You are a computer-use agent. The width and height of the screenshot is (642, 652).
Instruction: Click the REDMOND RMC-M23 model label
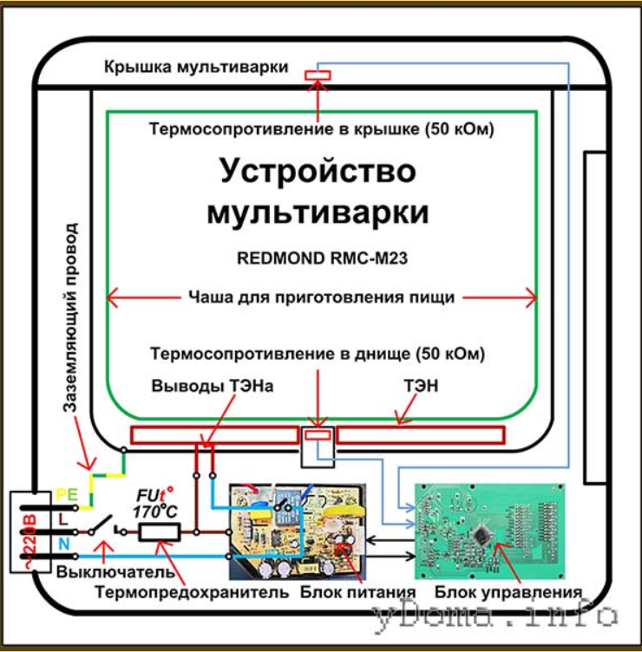(322, 258)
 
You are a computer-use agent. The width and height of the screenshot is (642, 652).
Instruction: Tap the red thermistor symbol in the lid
(318, 75)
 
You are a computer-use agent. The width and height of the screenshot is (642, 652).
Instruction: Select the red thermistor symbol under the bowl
(318, 435)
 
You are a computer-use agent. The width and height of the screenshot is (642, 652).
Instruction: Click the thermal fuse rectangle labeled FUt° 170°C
(160, 532)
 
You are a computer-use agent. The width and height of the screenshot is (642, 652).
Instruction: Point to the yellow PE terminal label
(67, 495)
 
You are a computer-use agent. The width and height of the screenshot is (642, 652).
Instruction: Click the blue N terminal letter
(63, 544)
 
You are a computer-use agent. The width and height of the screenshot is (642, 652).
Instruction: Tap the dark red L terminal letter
(62, 519)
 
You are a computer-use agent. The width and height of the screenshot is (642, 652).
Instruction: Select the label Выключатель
(115, 572)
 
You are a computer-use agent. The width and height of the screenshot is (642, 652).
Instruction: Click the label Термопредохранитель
(192, 592)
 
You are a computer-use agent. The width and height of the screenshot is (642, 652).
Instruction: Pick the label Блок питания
(357, 592)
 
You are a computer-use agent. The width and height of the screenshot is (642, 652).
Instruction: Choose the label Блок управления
(508, 592)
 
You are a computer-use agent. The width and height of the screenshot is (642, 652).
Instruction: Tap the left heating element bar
(214, 435)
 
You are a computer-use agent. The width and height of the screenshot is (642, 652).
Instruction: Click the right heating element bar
(421, 435)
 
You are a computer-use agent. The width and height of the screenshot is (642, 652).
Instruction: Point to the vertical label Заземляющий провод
(70, 317)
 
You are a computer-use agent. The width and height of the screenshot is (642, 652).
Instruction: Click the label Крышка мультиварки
(196, 67)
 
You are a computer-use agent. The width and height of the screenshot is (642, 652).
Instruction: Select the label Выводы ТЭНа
(213, 386)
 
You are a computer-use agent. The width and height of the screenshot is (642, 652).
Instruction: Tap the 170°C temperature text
(155, 511)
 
